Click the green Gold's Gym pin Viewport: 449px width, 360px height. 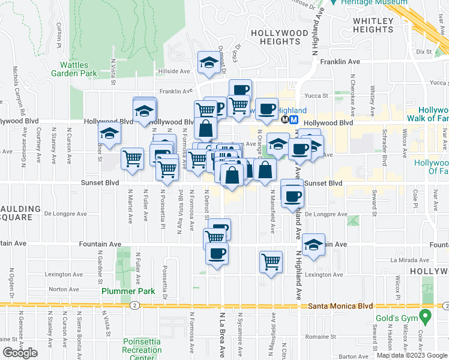pos(426,315)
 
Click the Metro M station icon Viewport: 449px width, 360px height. pos(294,119)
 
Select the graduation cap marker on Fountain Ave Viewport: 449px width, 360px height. pos(313,244)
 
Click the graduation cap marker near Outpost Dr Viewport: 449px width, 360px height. pos(208,62)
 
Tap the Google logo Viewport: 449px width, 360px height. pos(20,353)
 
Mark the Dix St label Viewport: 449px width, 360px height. pos(424,52)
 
